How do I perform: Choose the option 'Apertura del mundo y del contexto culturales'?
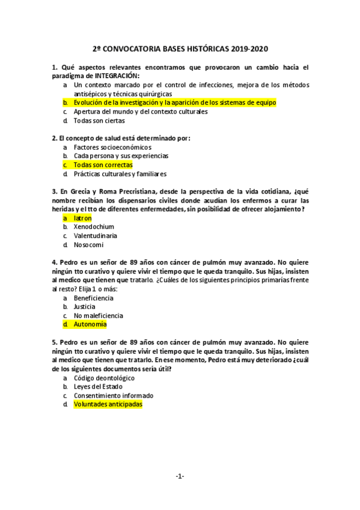[x=140, y=111]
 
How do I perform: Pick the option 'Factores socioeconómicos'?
[x=112, y=147]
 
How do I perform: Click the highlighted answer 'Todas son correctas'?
[x=103, y=164]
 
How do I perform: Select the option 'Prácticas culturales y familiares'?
[x=120, y=174]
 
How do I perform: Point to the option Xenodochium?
[x=94, y=227]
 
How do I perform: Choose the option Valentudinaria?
[x=96, y=236]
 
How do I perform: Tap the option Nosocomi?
[x=89, y=245]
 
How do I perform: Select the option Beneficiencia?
[x=93, y=298]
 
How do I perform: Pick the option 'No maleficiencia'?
[x=98, y=315]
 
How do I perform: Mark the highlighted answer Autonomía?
[x=90, y=324]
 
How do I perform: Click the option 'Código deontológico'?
[x=104, y=378]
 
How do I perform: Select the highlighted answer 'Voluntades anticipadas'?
[x=108, y=404]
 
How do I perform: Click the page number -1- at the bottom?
[x=180, y=476]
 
